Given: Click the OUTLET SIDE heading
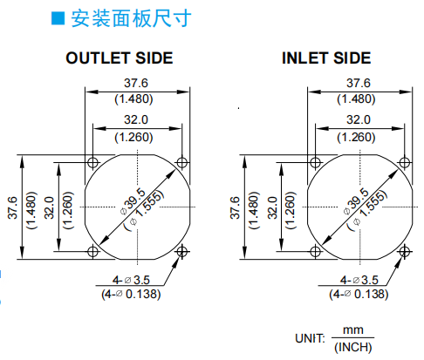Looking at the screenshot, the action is [120, 58].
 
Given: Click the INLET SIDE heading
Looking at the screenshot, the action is [326, 58].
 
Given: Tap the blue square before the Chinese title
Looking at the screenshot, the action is [58, 18].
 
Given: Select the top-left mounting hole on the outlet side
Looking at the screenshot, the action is [92, 162].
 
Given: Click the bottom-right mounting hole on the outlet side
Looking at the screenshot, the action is [182, 251].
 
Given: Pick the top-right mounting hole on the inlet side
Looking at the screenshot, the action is [405, 162].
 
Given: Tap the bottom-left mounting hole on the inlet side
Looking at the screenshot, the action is [316, 251].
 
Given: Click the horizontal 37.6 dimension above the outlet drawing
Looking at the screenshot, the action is [136, 83].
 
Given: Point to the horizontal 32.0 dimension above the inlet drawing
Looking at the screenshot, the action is [359, 119].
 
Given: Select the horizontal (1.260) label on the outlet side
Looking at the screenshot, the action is [133, 137].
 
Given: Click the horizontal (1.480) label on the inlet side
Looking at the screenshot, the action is [356, 99].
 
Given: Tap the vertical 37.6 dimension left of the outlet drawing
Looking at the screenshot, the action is [13, 207].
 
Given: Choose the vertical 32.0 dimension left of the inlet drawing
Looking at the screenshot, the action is [272, 207].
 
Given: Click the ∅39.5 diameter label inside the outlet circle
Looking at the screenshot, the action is [133, 201].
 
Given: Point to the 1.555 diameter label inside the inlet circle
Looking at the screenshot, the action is [373, 203].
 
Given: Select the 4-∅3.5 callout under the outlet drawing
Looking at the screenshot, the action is [131, 280].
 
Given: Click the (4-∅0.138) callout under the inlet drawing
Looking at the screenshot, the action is [359, 295].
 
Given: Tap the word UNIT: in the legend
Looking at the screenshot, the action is [310, 338].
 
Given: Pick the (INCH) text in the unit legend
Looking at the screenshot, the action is [353, 347].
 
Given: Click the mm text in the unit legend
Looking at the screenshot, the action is [353, 330].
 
